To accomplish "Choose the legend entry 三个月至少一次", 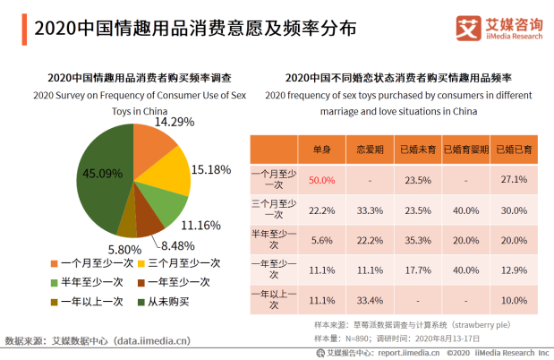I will (x=183, y=263).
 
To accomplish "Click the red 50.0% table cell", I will (x=321, y=180).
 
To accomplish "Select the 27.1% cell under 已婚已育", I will (x=514, y=180).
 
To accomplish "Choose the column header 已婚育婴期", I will (x=465, y=150).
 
